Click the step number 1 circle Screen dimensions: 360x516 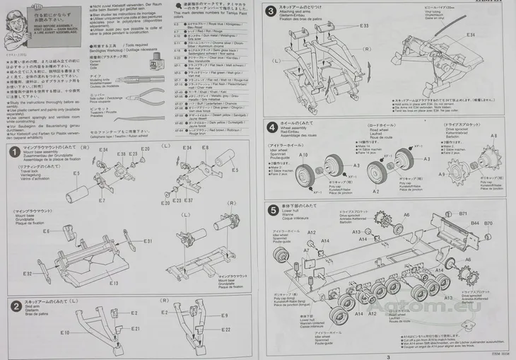pyautogui.click(x=14, y=152)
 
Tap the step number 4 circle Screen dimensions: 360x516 pyautogui.click(x=273, y=127)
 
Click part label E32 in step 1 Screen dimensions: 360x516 pyautogui.click(x=27, y=273)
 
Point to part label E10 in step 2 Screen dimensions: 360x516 pyautogui.click(x=64, y=332)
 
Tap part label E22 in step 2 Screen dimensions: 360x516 pyautogui.click(x=226, y=330)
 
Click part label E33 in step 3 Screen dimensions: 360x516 pyautogui.click(x=363, y=25)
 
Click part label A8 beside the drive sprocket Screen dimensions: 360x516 pyautogui.click(x=494, y=136)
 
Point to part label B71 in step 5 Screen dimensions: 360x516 pyautogui.click(x=464, y=213)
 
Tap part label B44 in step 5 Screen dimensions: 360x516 pyautogui.click(x=475, y=223)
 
